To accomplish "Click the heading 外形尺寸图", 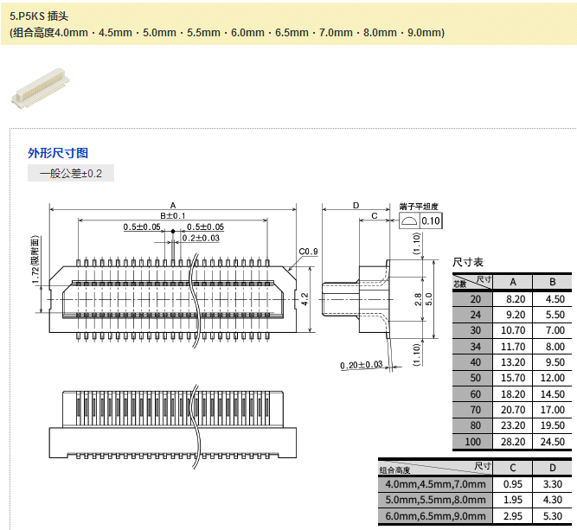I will click(58, 153).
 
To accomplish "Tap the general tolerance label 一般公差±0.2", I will click(71, 174).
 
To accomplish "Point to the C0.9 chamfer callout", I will click(309, 252).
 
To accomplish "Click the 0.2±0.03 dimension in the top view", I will click(201, 238).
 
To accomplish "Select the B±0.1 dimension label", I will click(173, 215).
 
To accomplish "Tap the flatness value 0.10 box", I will click(430, 221).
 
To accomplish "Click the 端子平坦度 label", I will click(419, 207).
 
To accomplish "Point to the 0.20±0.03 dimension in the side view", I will click(362, 365).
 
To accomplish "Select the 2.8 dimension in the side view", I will click(418, 299).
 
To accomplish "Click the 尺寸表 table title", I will click(468, 261).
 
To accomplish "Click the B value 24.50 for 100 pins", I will click(551, 442).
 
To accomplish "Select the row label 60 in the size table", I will click(474, 394).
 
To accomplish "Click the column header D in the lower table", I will click(551, 467).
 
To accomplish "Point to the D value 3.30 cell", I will click(551, 483).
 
